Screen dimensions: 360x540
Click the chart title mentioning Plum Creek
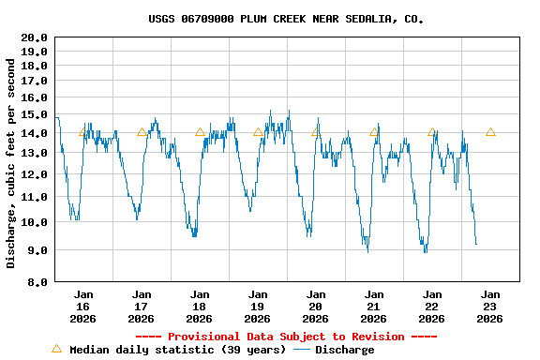click(286, 19)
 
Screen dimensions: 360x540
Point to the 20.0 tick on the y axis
click(35, 37)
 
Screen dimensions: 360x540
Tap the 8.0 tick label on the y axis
click(37, 281)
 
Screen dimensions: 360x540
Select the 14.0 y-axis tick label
click(35, 133)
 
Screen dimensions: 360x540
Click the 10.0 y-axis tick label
click(35, 223)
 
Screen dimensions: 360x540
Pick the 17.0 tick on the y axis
click(35, 82)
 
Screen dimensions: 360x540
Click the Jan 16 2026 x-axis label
click(83, 307)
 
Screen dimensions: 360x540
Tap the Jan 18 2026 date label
click(200, 307)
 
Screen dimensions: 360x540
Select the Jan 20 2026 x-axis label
click(316, 307)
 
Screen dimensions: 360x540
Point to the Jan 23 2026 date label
click(490, 307)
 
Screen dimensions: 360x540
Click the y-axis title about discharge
click(11, 163)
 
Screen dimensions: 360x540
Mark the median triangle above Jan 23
click(490, 132)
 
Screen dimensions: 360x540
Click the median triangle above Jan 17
click(142, 132)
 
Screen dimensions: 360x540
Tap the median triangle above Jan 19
click(258, 132)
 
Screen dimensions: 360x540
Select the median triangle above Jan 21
click(374, 132)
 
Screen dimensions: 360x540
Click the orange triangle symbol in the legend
click(56, 349)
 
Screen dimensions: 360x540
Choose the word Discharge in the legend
click(344, 350)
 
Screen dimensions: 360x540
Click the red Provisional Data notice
click(286, 337)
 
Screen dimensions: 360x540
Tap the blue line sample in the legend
click(302, 350)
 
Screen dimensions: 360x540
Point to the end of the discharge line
click(476, 245)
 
